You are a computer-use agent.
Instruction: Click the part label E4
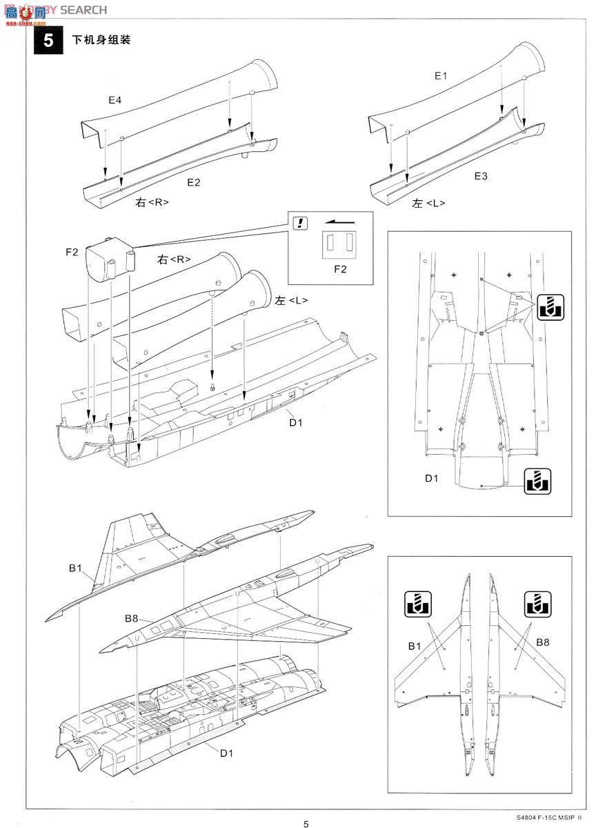coord(115,100)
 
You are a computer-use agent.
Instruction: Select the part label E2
coord(194,182)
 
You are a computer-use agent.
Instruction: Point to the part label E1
coord(440,76)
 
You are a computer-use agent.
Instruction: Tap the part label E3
coord(481,177)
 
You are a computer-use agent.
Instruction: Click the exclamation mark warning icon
coord(300,223)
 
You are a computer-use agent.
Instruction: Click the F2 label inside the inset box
coord(340,269)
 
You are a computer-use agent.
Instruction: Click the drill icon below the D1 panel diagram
coord(536,480)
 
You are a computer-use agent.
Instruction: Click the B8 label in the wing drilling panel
coord(544,642)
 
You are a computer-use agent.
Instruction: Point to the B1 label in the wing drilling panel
coord(414,646)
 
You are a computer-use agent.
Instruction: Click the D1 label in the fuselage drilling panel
coord(431,477)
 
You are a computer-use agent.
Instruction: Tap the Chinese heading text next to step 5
coord(101,40)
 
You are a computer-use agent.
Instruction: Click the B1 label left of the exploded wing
coord(75,568)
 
